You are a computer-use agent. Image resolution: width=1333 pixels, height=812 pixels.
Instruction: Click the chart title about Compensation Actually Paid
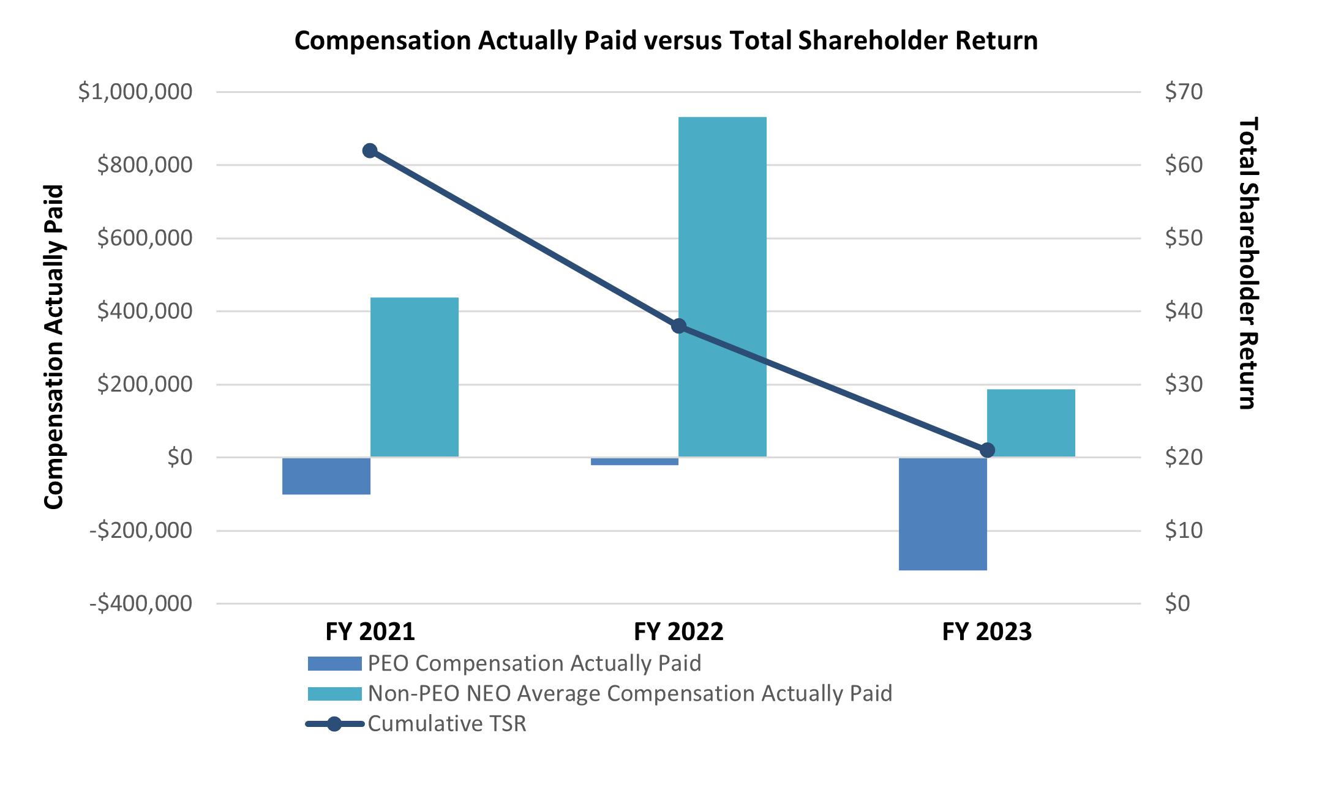[x=666, y=41]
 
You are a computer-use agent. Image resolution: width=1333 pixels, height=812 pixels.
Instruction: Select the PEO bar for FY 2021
[x=326, y=476]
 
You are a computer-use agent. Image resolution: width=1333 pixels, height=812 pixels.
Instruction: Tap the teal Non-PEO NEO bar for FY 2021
[x=415, y=377]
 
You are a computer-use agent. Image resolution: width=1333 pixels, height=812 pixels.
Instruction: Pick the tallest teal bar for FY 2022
[x=723, y=286]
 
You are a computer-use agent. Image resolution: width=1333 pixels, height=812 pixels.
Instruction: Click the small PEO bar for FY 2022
[x=634, y=461]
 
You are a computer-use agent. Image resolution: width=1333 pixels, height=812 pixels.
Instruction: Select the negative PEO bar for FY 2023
[x=942, y=514]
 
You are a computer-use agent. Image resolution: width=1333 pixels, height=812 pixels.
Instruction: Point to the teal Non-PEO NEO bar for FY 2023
[x=1031, y=423]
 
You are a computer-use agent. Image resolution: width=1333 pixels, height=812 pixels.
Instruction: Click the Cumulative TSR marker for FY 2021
[x=370, y=151]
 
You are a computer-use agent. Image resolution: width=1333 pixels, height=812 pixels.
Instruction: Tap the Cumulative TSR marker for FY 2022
[x=678, y=326]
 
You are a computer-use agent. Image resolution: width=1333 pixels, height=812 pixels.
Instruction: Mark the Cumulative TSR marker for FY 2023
[x=987, y=450]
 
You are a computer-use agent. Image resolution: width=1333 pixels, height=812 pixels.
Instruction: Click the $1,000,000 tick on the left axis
[x=135, y=92]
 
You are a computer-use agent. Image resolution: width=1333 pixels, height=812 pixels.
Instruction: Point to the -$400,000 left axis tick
[x=141, y=603]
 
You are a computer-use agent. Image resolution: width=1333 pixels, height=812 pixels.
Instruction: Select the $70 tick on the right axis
[x=1184, y=92]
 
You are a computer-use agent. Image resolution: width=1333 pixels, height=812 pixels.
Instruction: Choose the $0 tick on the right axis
[x=1177, y=603]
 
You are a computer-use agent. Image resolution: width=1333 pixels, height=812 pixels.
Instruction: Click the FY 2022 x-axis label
[x=678, y=631]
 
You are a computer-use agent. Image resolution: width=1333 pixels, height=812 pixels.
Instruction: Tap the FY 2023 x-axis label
[x=986, y=631]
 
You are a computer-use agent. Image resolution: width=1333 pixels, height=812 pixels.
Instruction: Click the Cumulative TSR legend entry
[x=446, y=724]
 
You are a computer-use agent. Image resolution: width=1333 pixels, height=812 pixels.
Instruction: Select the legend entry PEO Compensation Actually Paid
[x=534, y=663]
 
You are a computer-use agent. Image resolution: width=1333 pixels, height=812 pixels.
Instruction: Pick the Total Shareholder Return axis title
[x=1247, y=263]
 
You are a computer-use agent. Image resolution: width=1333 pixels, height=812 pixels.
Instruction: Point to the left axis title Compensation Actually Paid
[x=54, y=346]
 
